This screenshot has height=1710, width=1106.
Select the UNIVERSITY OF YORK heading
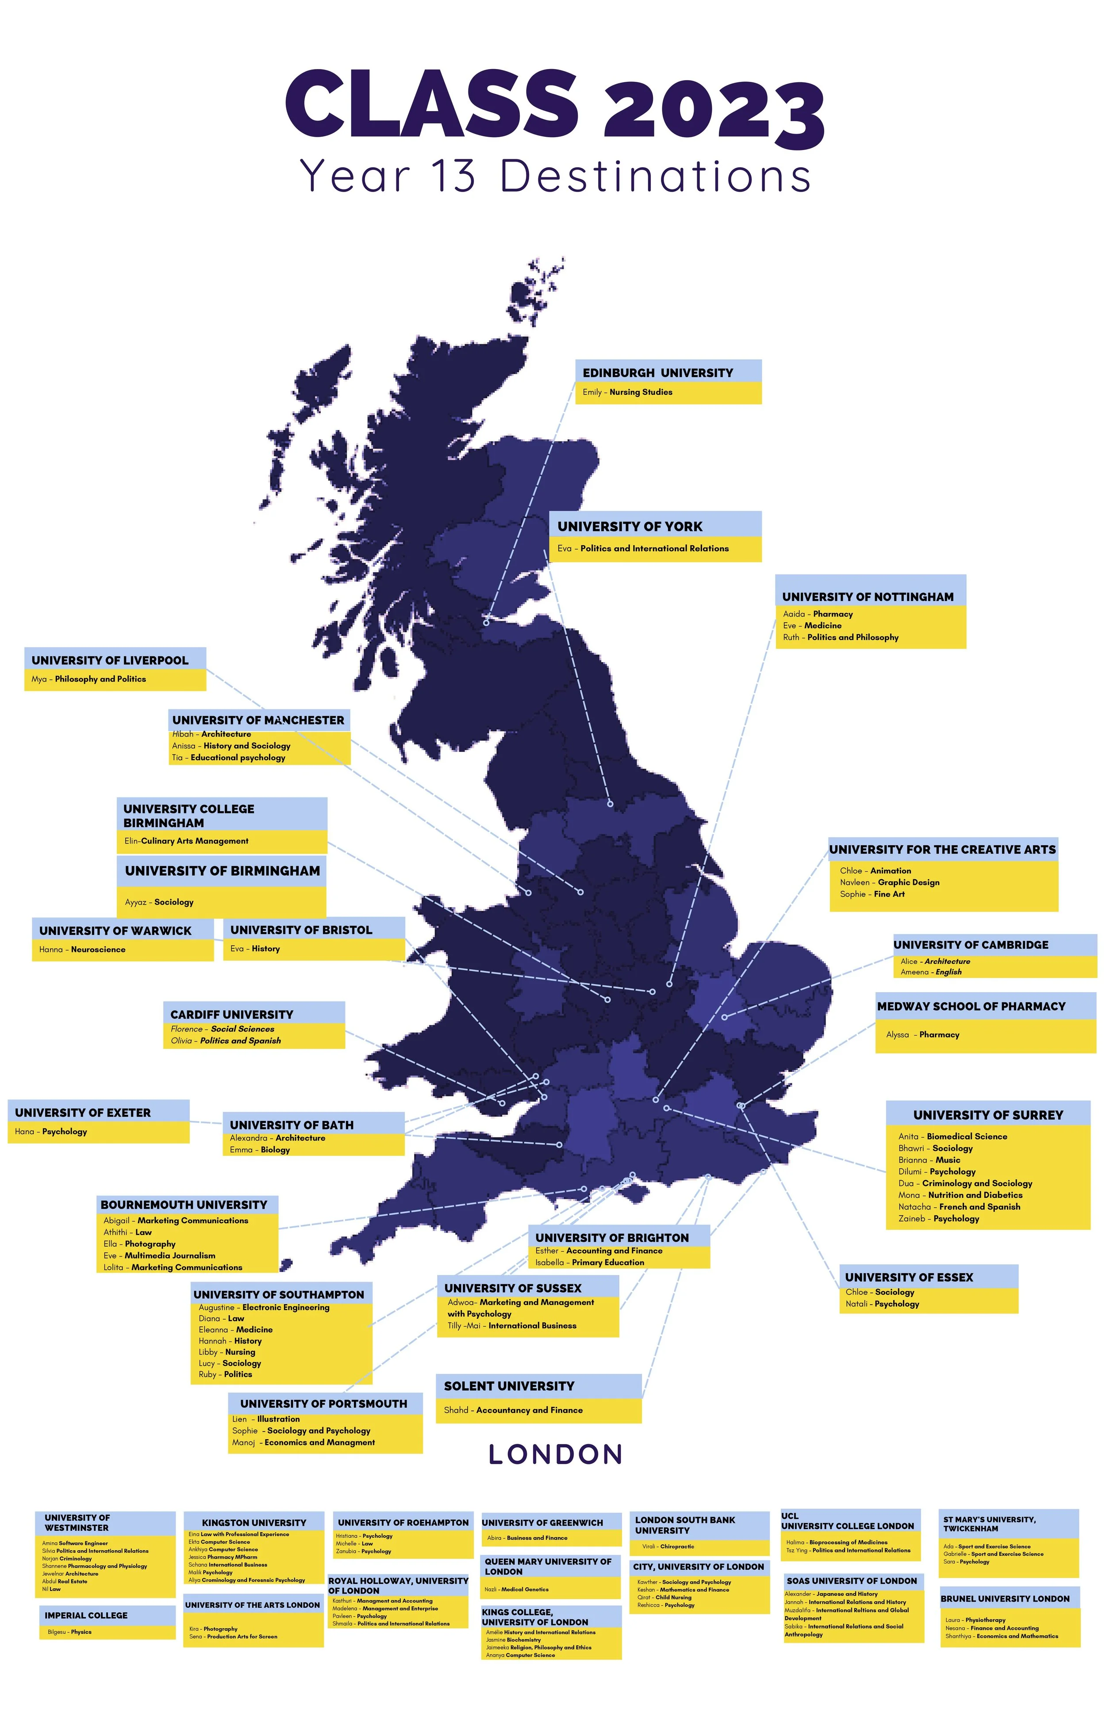tap(630, 527)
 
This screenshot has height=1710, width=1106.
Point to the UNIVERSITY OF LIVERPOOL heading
tap(110, 660)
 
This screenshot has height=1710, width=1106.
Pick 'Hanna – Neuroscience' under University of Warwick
tap(82, 950)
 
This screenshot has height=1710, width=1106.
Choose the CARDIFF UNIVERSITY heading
tap(232, 1014)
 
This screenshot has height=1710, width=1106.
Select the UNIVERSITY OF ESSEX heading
tap(909, 1277)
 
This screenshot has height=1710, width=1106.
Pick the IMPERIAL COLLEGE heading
tap(86, 1615)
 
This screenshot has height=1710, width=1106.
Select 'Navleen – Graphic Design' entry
tap(889, 882)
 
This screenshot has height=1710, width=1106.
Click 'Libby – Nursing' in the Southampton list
tap(227, 1352)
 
